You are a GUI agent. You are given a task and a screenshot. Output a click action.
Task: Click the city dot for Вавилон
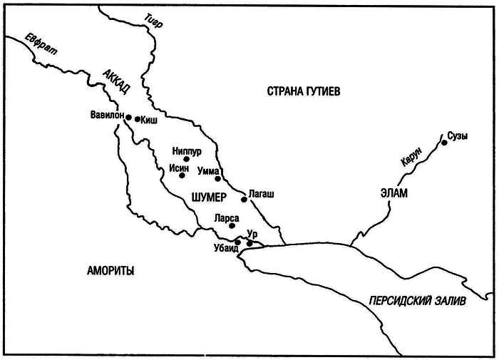[x=128, y=115]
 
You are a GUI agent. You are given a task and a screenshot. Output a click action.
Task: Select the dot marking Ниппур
[x=187, y=159]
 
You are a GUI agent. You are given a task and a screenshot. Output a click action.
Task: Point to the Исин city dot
[x=182, y=175]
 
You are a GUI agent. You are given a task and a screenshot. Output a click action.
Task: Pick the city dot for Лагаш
[x=244, y=200]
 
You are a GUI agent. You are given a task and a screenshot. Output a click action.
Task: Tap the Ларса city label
[x=225, y=217]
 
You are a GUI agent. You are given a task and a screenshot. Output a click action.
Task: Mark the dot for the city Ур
[x=249, y=244]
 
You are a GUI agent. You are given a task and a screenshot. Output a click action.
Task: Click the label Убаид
[x=227, y=249]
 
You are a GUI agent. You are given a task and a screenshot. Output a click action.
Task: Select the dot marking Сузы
[x=444, y=143]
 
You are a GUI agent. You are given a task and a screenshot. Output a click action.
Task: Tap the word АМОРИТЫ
[x=110, y=270]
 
